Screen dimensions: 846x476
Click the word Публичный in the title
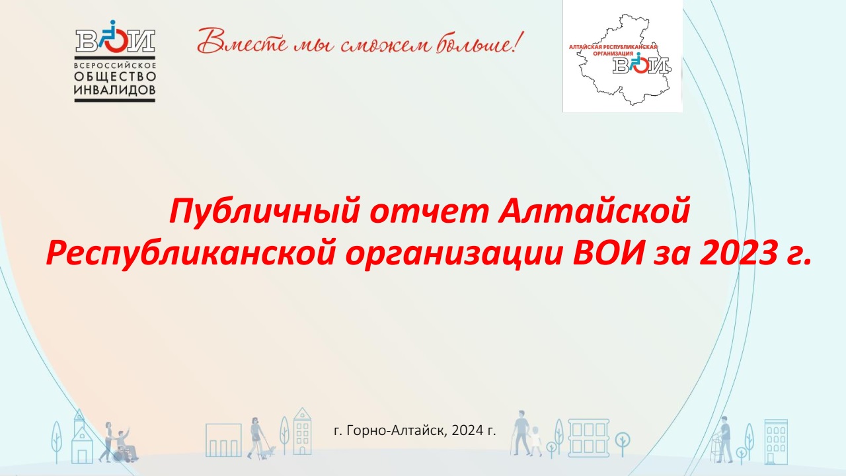point(264,212)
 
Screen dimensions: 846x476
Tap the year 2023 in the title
point(738,253)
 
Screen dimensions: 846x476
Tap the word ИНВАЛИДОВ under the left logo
point(115,90)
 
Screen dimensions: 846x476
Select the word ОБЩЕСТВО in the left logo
point(115,77)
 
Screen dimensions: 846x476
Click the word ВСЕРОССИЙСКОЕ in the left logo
point(115,65)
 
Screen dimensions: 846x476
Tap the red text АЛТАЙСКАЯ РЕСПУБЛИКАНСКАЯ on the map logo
point(614,47)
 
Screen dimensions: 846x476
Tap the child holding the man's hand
point(535,441)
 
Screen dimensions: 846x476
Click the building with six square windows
point(588,438)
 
